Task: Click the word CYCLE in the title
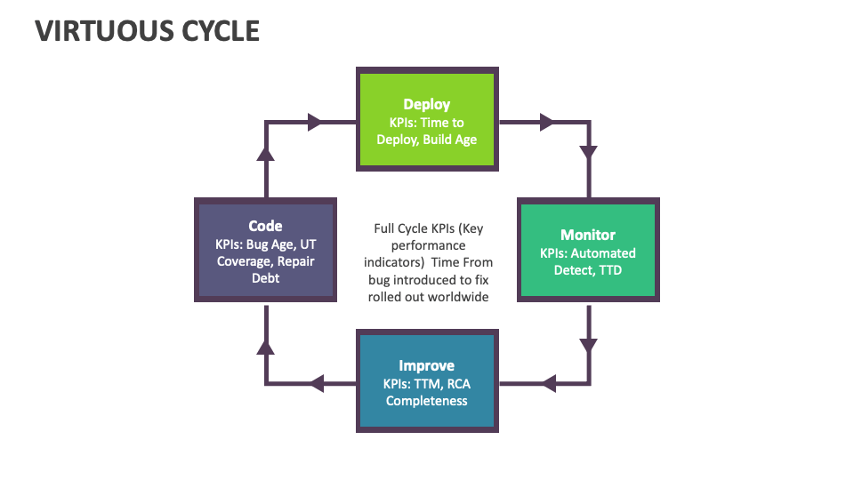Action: tap(215, 30)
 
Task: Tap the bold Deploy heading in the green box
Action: tap(427, 105)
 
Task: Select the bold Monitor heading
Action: tap(588, 235)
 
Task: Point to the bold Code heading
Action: tap(265, 226)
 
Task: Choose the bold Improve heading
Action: tap(427, 365)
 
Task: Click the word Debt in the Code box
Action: tap(265, 278)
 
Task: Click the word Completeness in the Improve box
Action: tap(427, 400)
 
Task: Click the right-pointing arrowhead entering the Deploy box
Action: tap(314, 123)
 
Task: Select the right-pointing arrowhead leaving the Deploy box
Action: tap(547, 123)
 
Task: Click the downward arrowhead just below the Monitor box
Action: tap(588, 345)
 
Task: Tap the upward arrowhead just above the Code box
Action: tap(265, 153)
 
